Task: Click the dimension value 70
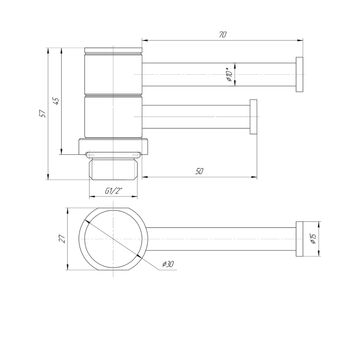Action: (222, 35)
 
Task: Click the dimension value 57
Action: (43, 114)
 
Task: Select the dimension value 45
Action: (56, 101)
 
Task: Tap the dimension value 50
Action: (199, 171)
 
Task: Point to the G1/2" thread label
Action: (113, 191)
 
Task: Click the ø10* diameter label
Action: (229, 74)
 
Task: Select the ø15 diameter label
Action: (313, 239)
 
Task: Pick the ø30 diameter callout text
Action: (168, 264)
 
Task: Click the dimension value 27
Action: (63, 239)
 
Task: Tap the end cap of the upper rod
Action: (299, 75)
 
